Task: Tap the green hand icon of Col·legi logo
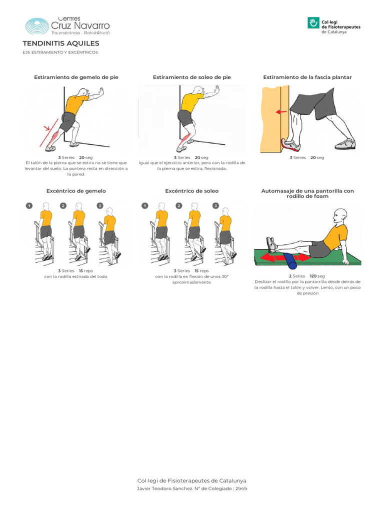coord(313,23)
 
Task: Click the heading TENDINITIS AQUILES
coord(61,43)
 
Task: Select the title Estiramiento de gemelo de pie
coord(76,77)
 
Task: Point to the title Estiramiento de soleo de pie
coord(191,77)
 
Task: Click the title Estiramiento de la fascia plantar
coord(307,77)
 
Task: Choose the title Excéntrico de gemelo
coord(76,191)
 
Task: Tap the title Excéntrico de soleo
coord(191,191)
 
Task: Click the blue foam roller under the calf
coord(291,258)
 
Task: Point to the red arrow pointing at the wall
coord(281,111)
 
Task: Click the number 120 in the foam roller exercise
coord(313,276)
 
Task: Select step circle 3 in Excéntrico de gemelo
coord(99,205)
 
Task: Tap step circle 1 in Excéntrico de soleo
coord(144,205)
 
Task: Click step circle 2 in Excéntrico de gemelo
coord(63,205)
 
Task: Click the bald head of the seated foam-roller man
coord(339,215)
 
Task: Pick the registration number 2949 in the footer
coord(240,488)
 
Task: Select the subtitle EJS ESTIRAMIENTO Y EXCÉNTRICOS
coord(60,52)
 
